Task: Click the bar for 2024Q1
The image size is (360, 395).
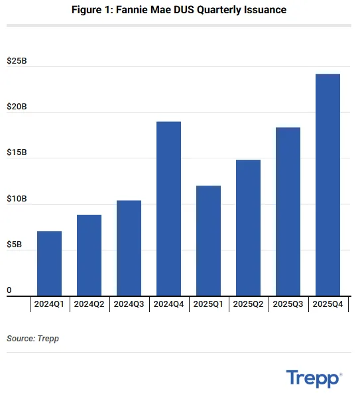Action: click(50, 264)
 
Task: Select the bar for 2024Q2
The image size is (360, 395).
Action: click(90, 255)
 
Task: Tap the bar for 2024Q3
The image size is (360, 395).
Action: click(129, 249)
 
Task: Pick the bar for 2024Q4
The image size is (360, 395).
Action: click(169, 209)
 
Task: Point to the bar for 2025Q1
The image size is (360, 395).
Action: click(208, 241)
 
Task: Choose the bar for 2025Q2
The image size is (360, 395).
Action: click(248, 228)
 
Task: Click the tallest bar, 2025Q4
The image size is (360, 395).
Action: click(328, 186)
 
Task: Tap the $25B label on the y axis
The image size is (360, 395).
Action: click(16, 61)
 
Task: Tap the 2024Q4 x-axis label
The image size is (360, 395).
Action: click(169, 304)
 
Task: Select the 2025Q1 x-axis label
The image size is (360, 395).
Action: click(208, 304)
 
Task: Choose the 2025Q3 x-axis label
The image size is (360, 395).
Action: click(288, 304)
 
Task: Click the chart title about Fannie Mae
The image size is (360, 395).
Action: click(180, 11)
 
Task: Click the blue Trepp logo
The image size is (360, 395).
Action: click(314, 378)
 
